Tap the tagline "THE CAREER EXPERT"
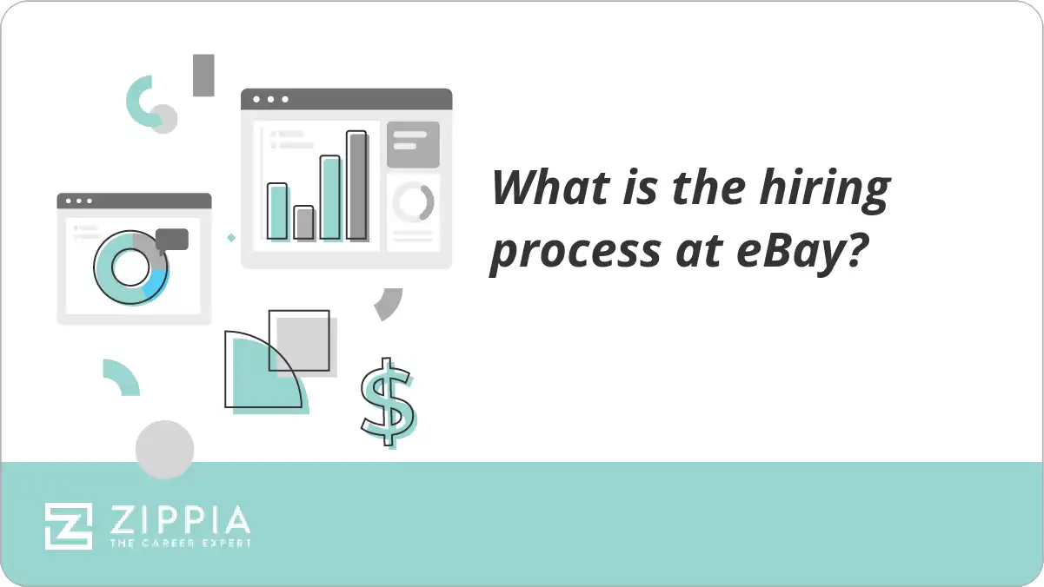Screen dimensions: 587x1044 [x=179, y=544]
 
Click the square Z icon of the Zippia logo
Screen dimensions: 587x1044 [x=69, y=525]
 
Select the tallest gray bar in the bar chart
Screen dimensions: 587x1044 [x=356, y=185]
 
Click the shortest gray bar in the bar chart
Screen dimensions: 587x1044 [x=303, y=222]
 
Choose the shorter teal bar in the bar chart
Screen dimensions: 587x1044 [x=277, y=211]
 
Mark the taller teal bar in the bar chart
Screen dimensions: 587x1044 [x=330, y=197]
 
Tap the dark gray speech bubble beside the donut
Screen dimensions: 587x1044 [x=172, y=239]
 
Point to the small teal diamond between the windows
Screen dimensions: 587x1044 [x=231, y=237]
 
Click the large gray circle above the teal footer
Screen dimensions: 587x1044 [x=164, y=449]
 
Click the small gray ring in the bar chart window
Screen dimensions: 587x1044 [x=413, y=203]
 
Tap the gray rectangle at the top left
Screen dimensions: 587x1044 [x=203, y=75]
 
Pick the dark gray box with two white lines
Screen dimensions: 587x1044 [x=413, y=144]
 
